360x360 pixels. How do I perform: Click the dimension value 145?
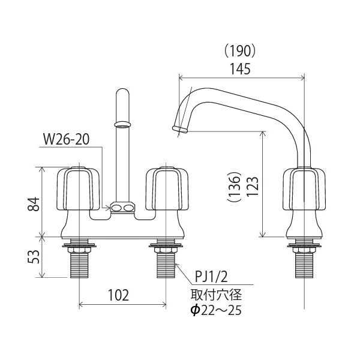(x=240, y=68)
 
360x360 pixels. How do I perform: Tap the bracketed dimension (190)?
(x=240, y=51)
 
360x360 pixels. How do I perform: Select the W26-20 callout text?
(x=66, y=139)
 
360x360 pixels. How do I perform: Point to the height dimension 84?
(x=34, y=204)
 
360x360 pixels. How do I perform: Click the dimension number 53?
(x=34, y=256)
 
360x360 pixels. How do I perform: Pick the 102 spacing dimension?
(x=118, y=295)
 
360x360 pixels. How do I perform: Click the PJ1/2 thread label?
(x=211, y=277)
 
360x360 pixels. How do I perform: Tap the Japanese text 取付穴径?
(x=216, y=295)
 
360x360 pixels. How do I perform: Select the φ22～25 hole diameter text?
(x=216, y=310)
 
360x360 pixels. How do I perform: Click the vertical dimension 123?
(x=253, y=186)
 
